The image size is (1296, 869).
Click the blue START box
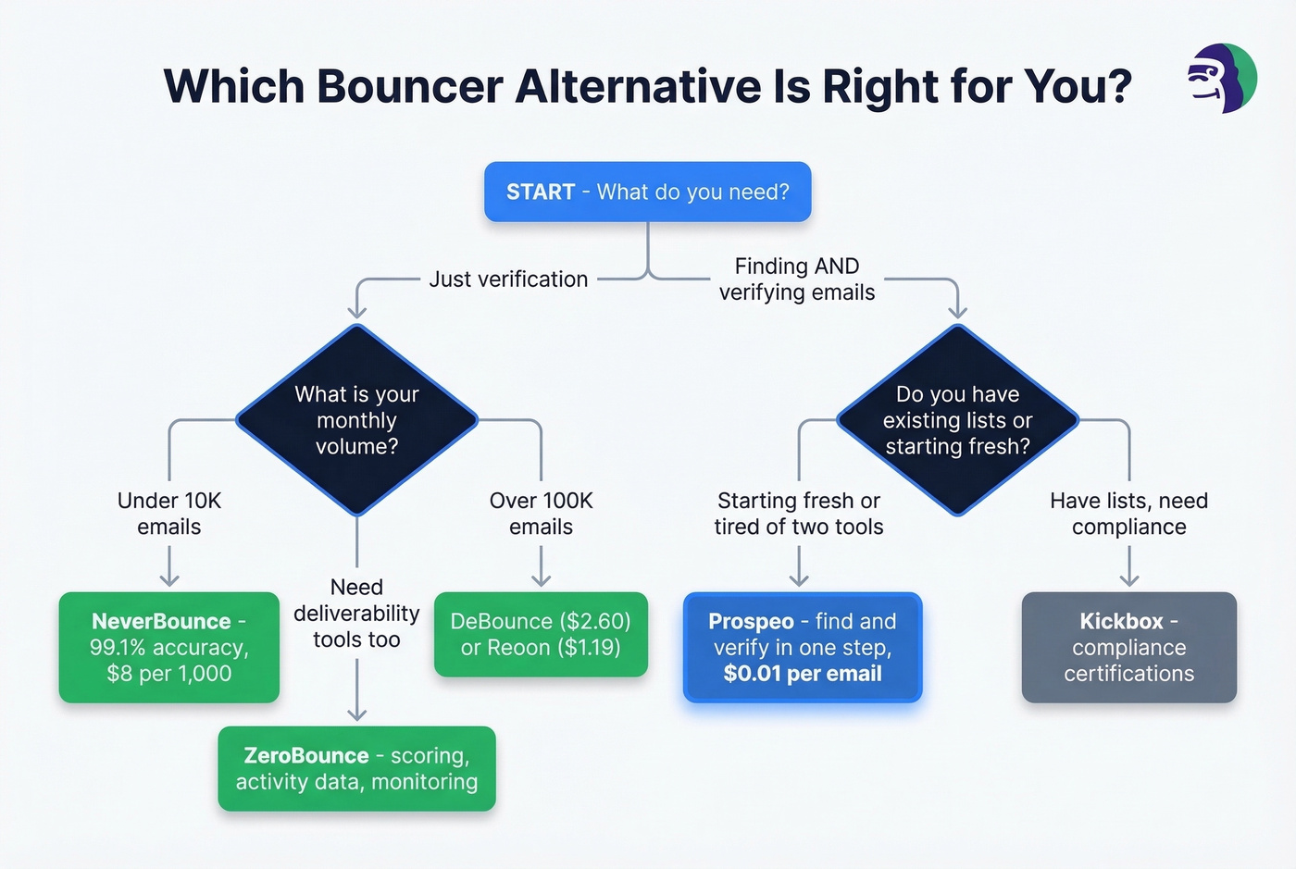[x=647, y=192]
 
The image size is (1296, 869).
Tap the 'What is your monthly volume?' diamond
[x=356, y=420]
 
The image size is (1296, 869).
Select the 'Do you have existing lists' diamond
[x=957, y=420]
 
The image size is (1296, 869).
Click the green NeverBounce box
[x=169, y=647]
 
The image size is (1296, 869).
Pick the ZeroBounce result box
[x=356, y=768]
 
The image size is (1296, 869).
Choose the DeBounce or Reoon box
[x=541, y=634]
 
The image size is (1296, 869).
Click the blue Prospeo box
[x=802, y=647]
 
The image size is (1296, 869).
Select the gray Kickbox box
[x=1128, y=647]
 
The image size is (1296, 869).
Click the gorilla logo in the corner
[x=1222, y=79]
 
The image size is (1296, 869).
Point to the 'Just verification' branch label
[x=508, y=279]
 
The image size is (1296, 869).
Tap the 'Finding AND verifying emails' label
[x=797, y=279]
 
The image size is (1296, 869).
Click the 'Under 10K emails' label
[x=169, y=514]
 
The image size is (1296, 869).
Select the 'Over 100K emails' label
[x=541, y=514]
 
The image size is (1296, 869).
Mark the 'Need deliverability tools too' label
[x=356, y=613]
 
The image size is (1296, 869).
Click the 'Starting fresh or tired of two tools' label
[x=798, y=514]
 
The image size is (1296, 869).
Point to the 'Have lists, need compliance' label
[x=1128, y=514]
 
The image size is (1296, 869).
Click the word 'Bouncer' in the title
[x=409, y=86]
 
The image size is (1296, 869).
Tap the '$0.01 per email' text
[x=802, y=674]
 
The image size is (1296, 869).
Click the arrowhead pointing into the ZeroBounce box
[x=356, y=714]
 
